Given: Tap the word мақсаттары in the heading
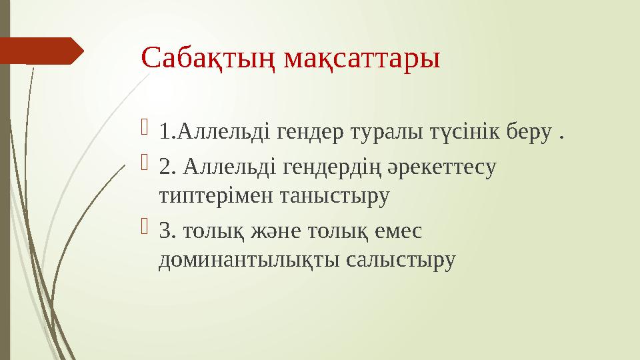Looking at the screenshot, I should (x=363, y=59).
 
